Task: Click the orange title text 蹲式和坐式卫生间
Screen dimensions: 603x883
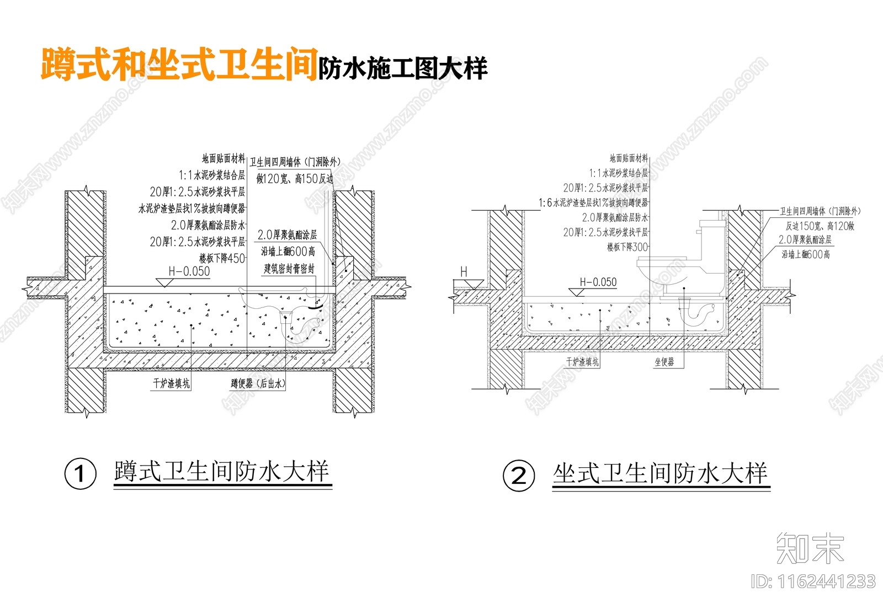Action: click(179, 65)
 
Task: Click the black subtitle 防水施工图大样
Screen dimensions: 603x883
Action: click(402, 68)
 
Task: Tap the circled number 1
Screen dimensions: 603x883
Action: click(81, 474)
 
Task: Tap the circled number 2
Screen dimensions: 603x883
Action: click(519, 476)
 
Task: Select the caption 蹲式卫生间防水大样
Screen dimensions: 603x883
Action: click(221, 472)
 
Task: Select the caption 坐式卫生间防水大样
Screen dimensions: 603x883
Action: click(660, 473)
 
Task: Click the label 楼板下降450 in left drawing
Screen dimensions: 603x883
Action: click(222, 258)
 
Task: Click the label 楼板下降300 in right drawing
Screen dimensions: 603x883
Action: click(627, 247)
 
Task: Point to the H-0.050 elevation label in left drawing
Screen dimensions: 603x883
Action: click(189, 271)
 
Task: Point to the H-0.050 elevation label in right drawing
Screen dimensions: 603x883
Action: click(598, 282)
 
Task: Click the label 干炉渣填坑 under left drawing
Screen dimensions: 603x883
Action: click(171, 383)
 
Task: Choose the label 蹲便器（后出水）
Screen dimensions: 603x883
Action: click(258, 383)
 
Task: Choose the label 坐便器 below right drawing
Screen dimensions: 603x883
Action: click(664, 362)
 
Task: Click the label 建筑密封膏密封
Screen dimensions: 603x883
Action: click(289, 269)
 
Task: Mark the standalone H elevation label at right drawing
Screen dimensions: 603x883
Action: click(464, 272)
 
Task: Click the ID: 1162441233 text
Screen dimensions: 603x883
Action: click(813, 581)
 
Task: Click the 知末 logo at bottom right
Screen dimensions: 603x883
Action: click(810, 548)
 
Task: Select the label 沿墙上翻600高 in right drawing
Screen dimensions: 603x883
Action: click(805, 254)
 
